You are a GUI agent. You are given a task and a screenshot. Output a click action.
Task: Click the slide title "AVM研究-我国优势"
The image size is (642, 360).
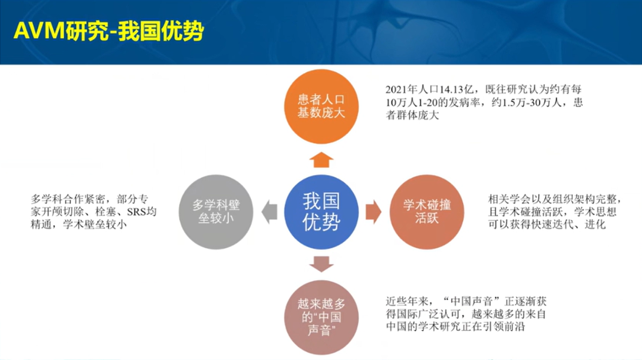click(109, 31)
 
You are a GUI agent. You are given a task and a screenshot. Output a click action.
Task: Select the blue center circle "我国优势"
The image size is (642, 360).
click(322, 212)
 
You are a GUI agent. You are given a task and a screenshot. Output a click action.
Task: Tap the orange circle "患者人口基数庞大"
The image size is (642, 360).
click(322, 106)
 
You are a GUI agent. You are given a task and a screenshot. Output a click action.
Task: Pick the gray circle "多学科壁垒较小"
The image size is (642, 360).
click(216, 212)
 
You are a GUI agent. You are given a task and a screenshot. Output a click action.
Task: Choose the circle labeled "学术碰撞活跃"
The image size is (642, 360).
click(427, 212)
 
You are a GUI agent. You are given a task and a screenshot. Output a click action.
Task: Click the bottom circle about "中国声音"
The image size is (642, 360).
click(322, 317)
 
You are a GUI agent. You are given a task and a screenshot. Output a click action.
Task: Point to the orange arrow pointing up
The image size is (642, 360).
click(322, 159)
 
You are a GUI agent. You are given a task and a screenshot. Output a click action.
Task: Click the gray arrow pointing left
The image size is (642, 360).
click(269, 212)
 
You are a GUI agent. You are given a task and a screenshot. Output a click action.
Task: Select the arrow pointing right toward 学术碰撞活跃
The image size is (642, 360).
click(374, 212)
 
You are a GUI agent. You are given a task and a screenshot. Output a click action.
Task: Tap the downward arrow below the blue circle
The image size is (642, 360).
click(322, 264)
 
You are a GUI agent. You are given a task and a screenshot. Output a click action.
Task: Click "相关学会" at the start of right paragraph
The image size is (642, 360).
click(509, 199)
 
